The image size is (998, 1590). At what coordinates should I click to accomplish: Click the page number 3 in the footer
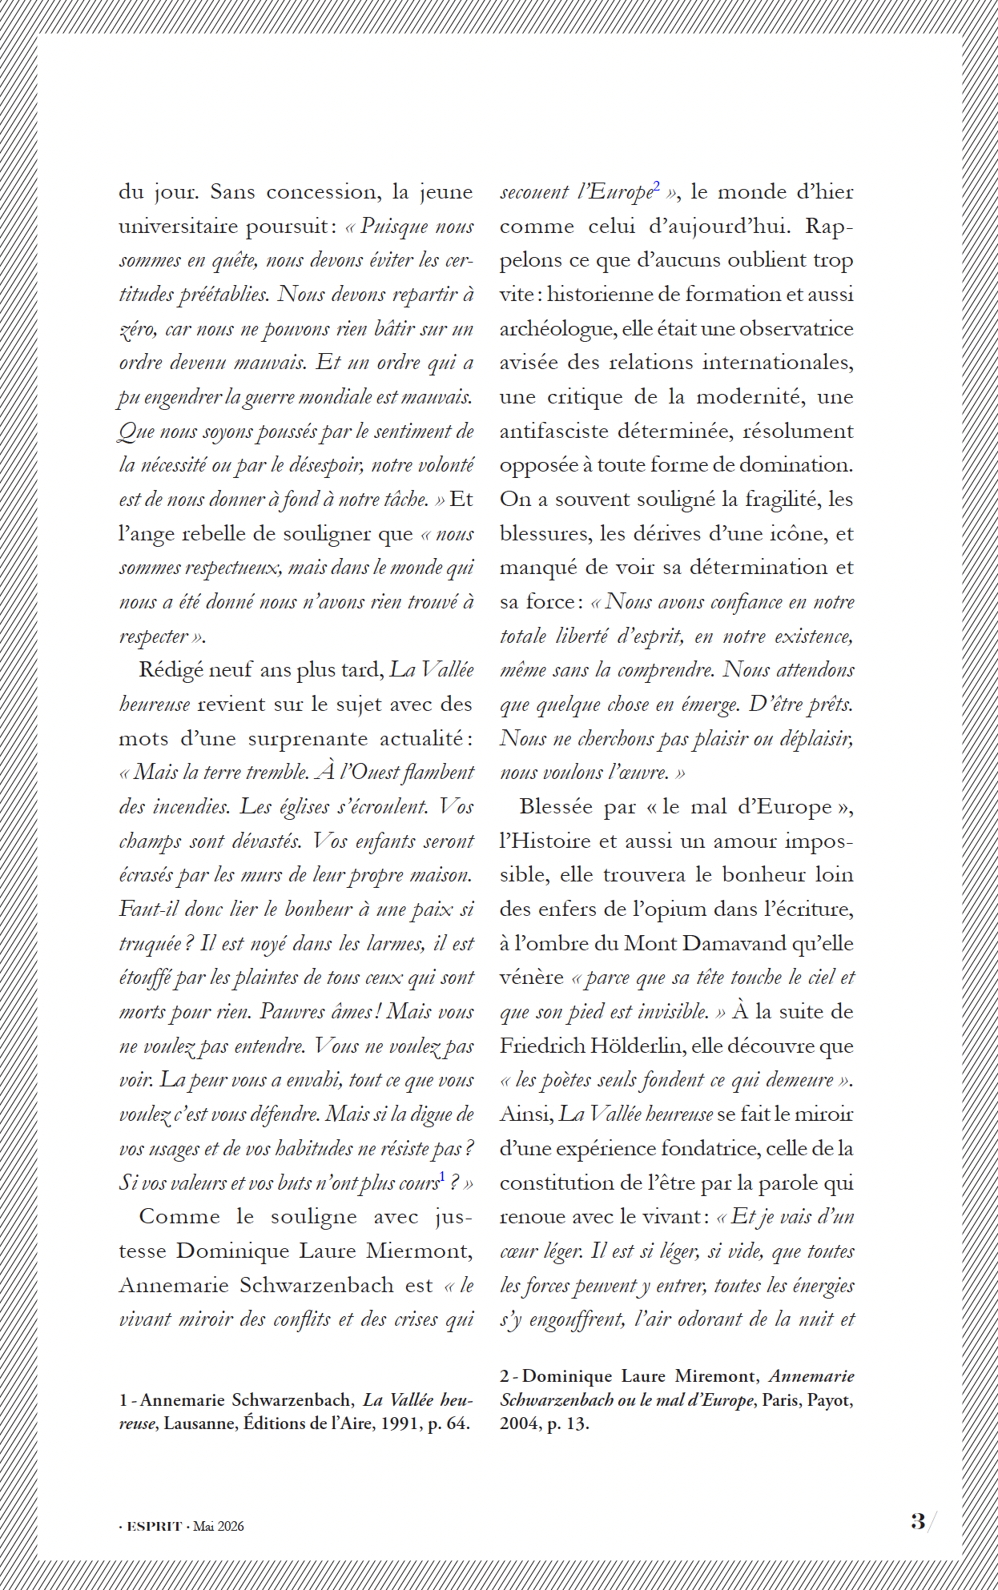click(x=918, y=1520)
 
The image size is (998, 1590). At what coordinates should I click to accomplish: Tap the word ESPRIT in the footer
click(x=155, y=1526)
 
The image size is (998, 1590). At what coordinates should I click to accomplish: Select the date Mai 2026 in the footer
click(x=219, y=1526)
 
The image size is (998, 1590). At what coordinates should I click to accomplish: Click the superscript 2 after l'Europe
click(x=657, y=187)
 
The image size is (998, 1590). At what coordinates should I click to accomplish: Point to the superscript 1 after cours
click(x=442, y=1177)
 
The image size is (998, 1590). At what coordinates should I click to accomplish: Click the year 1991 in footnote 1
click(x=400, y=1423)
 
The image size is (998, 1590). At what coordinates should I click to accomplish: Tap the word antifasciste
click(x=554, y=432)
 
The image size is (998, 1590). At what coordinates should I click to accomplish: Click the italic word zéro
click(x=137, y=329)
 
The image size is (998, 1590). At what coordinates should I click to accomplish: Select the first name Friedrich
click(x=542, y=1046)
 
